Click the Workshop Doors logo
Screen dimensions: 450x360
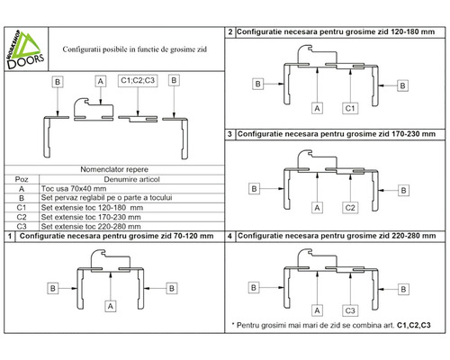point(25,49)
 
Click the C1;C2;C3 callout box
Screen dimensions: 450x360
point(138,80)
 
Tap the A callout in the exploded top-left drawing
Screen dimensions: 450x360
point(101,81)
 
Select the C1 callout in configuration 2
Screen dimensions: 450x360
point(350,108)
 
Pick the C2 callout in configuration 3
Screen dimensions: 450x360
point(350,208)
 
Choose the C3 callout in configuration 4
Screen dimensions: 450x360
point(350,310)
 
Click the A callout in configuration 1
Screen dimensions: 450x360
point(111,306)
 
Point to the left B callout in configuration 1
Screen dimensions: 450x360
point(53,288)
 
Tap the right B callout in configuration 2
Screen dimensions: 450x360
point(402,85)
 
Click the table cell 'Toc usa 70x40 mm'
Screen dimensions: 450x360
point(74,189)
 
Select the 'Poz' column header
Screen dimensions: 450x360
point(22,179)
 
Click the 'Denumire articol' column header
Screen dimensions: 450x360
point(131,179)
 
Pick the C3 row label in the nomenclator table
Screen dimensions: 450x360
point(22,226)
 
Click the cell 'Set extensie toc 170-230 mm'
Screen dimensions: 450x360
point(91,217)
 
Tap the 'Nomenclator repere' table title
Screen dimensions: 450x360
point(114,169)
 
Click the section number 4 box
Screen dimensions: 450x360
point(229,236)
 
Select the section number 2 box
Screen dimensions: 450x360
point(230,32)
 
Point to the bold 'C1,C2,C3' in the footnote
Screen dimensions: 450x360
point(414,325)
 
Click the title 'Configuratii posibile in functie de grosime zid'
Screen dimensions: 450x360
point(135,49)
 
